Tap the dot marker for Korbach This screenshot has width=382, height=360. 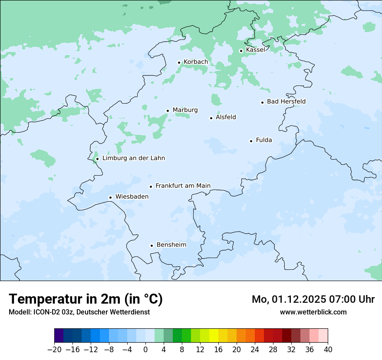pyautogui.click(x=179, y=62)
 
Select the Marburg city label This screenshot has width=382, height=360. pyautogui.click(x=185, y=110)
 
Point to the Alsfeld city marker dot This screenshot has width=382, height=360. pyautogui.click(x=211, y=118)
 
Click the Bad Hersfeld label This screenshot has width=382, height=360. pyautogui.click(x=286, y=101)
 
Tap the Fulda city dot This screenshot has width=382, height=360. pyautogui.click(x=251, y=141)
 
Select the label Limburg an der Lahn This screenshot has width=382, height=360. pyautogui.click(x=133, y=158)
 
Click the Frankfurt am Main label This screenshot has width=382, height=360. pyautogui.click(x=183, y=186)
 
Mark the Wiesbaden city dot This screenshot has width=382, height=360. pyautogui.click(x=111, y=197)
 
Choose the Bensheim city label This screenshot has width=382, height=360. pyautogui.click(x=171, y=245)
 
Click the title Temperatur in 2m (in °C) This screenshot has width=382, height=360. pyautogui.click(x=86, y=299)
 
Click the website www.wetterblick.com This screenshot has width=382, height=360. pyautogui.click(x=313, y=312)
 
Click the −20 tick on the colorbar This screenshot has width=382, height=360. pyautogui.click(x=54, y=350)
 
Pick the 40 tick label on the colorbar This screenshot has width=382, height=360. pyautogui.click(x=328, y=350)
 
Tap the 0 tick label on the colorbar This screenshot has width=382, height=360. pyautogui.click(x=145, y=350)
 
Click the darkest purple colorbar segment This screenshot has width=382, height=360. pyautogui.click(x=59, y=336)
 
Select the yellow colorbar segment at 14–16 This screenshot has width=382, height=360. pyautogui.click(x=214, y=336)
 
